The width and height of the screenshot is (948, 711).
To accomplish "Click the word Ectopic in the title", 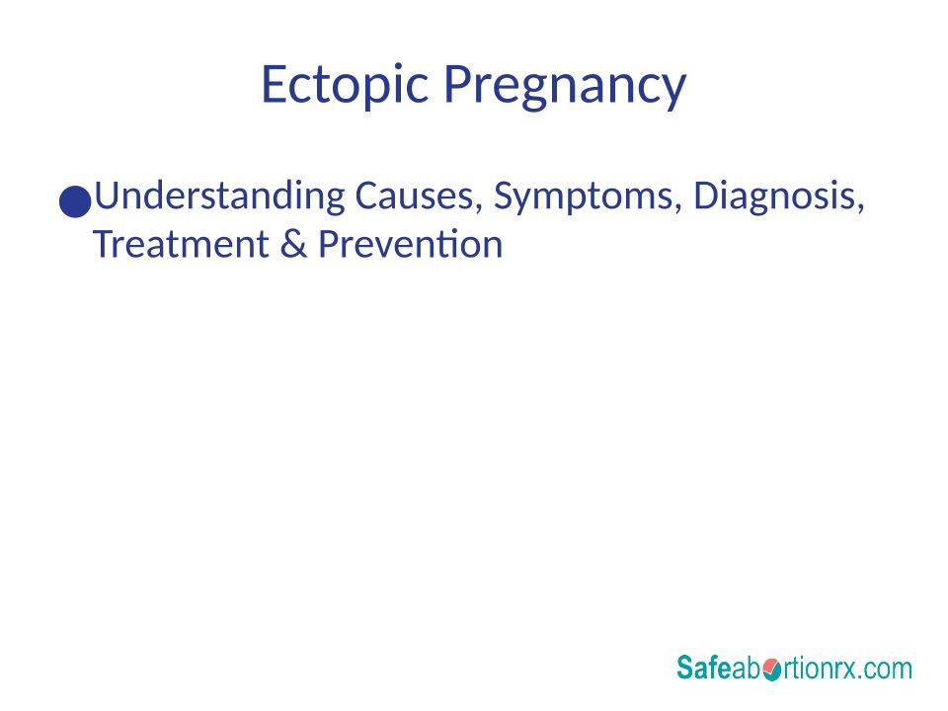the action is tap(346, 85).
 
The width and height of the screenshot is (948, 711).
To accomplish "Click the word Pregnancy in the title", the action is tap(565, 87).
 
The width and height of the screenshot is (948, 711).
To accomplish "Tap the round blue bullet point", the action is tap(75, 201).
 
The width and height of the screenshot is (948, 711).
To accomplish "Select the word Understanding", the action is tap(219, 196).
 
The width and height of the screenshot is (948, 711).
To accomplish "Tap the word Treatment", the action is tap(181, 244).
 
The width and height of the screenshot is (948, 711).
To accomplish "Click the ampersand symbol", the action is tap(293, 244).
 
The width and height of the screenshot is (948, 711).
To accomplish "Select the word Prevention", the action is tap(411, 244).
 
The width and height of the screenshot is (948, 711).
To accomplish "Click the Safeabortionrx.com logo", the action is tap(794, 668).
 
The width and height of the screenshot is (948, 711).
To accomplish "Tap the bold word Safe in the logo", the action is tap(704, 668).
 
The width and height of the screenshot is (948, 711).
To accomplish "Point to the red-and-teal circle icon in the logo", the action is tap(771, 670).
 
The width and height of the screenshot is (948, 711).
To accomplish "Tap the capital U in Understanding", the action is tap(107, 196).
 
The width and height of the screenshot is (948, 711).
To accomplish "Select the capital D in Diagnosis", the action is tap(707, 196).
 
